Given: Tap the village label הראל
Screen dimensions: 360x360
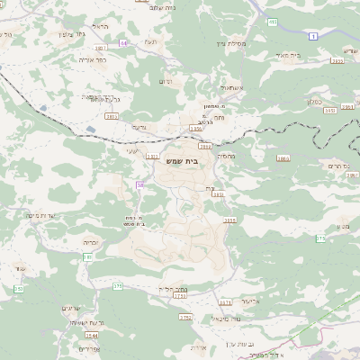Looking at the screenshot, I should click(x=101, y=26).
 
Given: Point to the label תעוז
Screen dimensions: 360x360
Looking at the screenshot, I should click(x=150, y=41).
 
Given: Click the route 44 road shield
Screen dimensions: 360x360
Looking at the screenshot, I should click(x=123, y=42).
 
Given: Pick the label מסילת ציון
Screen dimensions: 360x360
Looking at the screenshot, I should click(x=231, y=42).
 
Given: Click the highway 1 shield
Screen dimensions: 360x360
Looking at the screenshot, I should click(x=312, y=35).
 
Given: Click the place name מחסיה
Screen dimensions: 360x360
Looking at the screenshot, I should click(x=226, y=156).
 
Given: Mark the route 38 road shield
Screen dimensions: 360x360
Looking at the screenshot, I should click(x=139, y=184).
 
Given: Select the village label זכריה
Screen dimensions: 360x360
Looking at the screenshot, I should click(x=90, y=242).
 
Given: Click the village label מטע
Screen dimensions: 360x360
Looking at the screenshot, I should click(x=343, y=226).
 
